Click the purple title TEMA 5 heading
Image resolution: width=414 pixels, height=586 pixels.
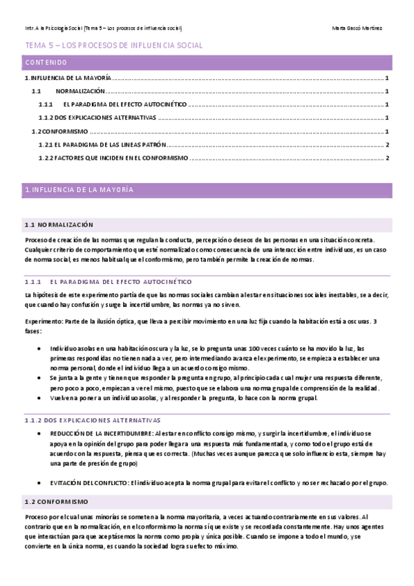[113, 46]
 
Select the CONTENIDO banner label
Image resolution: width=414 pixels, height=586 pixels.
[46, 62]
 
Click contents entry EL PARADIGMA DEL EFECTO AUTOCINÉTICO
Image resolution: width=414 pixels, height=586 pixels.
[124, 104]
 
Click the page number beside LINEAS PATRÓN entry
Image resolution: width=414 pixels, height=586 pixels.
[388, 144]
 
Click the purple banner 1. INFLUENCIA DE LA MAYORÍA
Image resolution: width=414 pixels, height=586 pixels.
[79, 189]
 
